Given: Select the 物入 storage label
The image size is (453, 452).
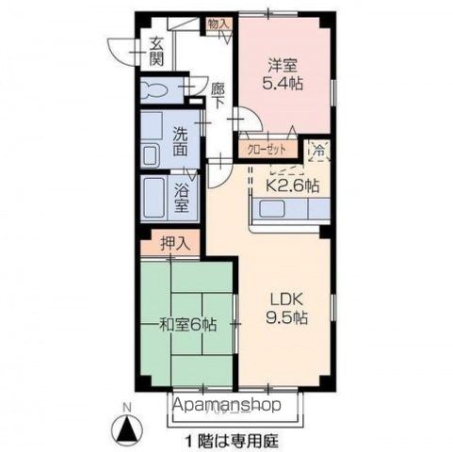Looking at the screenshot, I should tap(218, 24).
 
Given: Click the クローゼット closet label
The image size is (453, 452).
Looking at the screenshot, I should tap(268, 149).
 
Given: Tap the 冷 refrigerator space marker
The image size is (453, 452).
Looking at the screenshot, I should tap(318, 149).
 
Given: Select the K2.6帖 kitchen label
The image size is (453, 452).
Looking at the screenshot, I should tap(291, 186).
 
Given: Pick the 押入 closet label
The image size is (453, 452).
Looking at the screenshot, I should tap(175, 243).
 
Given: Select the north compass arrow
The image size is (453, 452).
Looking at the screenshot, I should tap(127, 431).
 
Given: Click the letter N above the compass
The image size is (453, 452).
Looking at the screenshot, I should tap(128, 408).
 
